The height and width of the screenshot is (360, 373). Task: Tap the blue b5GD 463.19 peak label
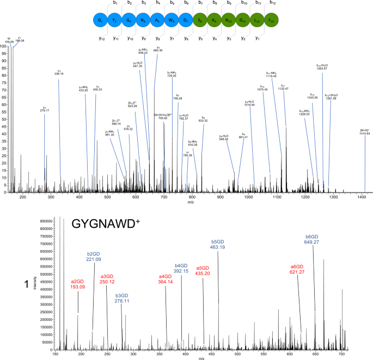[218, 244]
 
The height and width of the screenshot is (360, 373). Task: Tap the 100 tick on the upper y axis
[6, 46]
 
